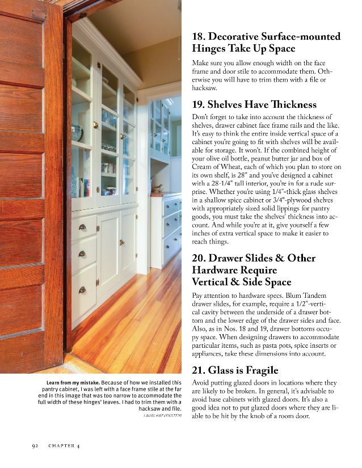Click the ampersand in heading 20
coord(280,258)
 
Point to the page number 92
coord(35,446)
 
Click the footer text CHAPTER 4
coord(64,446)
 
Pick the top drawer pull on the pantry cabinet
coord(82,227)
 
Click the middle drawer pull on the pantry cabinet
coord(82,254)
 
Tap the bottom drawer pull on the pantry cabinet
coord(82,290)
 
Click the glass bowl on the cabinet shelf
coord(77,133)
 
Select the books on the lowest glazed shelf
coord(82,187)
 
